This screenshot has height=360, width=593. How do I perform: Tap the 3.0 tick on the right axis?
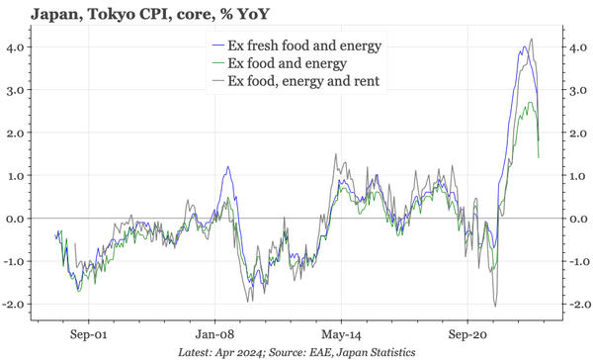click(574, 89)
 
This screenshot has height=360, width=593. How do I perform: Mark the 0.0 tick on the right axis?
click(574, 218)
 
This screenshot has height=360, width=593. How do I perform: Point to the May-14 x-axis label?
click(341, 334)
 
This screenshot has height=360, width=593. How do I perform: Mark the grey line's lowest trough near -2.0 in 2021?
click(494, 306)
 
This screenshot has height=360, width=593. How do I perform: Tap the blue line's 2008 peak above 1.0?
click(228, 167)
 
